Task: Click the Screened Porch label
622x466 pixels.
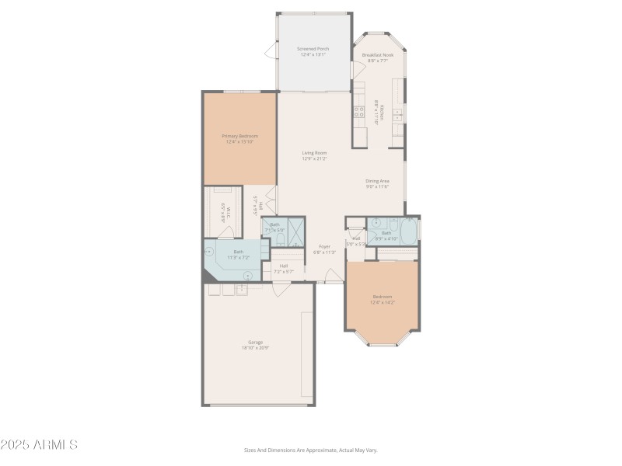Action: point(313,48)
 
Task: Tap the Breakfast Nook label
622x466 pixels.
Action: point(378,55)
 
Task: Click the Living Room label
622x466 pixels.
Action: point(314,153)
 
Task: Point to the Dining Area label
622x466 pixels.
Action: point(377,181)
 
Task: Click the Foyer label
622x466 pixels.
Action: point(323,246)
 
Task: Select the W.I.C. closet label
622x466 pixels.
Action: point(222,210)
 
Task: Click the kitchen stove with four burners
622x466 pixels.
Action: point(360,114)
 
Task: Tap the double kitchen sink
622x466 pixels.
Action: point(397,116)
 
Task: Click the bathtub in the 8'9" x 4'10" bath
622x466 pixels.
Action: point(408,231)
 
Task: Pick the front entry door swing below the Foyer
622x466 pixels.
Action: point(332,276)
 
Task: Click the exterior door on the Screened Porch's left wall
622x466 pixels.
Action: point(271,52)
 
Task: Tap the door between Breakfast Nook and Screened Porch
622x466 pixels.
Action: point(353,69)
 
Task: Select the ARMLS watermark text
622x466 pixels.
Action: point(39,445)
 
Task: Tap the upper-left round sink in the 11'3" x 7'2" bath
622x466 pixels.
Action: point(209,251)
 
